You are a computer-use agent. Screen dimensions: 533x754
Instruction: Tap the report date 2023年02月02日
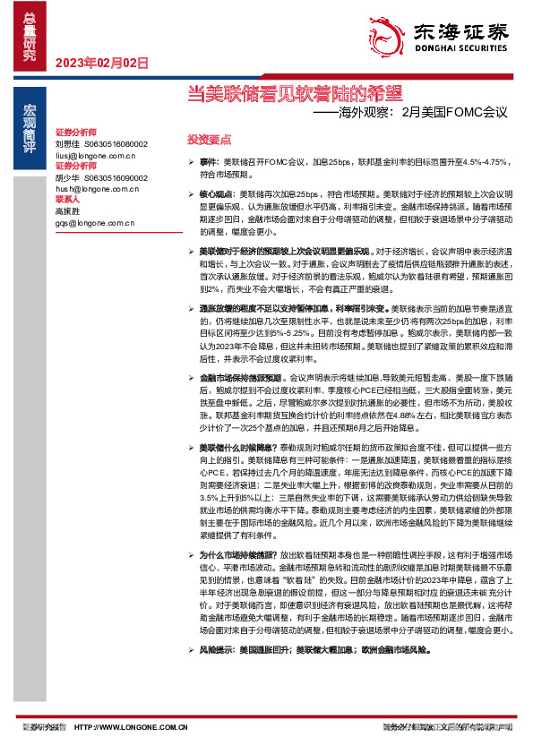(x=101, y=62)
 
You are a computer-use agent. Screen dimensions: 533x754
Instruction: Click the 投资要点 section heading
(x=209, y=140)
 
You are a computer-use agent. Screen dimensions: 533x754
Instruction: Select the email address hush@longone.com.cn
(x=96, y=189)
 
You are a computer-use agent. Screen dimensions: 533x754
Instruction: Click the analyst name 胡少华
(x=68, y=177)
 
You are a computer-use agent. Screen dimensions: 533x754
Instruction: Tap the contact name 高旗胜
(x=68, y=211)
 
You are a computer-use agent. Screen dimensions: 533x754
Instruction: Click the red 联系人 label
(x=68, y=200)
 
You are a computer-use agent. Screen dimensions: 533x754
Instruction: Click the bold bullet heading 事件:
(x=209, y=161)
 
